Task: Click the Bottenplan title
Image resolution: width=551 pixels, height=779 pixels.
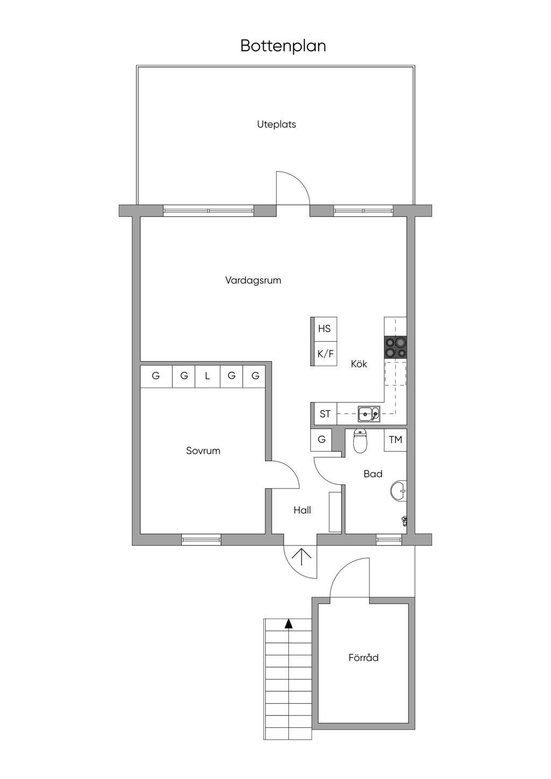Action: [283, 46]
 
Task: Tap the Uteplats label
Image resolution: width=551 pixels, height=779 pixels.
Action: [277, 124]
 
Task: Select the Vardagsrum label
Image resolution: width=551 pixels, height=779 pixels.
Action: [253, 280]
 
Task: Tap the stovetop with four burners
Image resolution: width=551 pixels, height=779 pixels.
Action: [395, 348]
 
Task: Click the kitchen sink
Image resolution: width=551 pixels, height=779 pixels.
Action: [370, 414]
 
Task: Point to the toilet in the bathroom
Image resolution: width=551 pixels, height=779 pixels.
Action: [360, 441]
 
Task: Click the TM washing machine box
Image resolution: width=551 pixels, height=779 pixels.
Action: [395, 440]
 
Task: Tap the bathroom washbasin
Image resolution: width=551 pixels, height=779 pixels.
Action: [399, 491]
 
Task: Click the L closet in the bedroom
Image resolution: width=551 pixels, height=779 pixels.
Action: [208, 376]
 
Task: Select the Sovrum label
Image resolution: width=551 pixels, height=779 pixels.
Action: [203, 451]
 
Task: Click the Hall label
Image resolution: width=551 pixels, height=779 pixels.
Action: [302, 510]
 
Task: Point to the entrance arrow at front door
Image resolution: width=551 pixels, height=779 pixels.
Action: [301, 557]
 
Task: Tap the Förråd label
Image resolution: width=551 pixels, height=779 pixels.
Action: [364, 657]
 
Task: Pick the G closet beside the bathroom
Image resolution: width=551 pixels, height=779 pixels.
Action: [321, 440]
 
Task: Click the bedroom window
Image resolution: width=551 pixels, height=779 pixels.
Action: [201, 540]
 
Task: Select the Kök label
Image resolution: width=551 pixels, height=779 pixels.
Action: [359, 364]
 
